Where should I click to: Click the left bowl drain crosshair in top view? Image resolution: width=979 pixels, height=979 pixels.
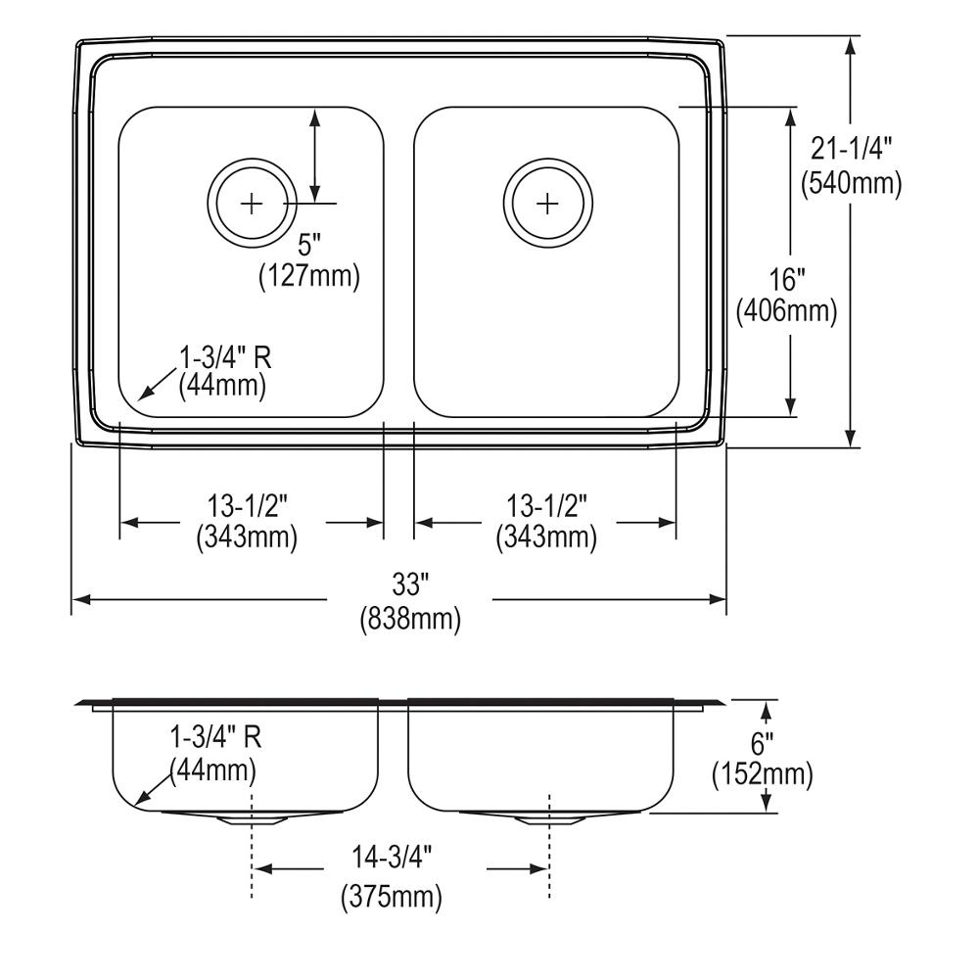pyautogui.click(x=253, y=204)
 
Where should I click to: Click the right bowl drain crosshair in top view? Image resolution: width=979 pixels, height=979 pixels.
pyautogui.click(x=547, y=204)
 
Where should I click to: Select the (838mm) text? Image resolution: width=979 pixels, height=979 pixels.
pyautogui.click(x=410, y=620)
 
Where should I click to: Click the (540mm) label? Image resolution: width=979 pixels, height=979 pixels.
pyautogui.click(x=851, y=182)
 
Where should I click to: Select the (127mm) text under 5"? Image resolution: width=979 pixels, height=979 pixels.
pyautogui.click(x=309, y=276)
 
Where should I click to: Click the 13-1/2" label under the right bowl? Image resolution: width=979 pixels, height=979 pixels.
pyautogui.click(x=545, y=506)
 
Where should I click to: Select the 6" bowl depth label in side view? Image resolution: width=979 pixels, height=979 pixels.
pyautogui.click(x=764, y=741)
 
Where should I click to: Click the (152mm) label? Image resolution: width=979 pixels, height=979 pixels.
pyautogui.click(x=763, y=775)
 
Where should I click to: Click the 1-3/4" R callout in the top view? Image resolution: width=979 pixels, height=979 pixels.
pyautogui.click(x=224, y=355)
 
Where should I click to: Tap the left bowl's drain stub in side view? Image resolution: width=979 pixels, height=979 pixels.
pyautogui.click(x=253, y=818)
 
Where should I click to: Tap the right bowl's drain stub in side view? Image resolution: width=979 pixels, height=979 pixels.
pyautogui.click(x=548, y=818)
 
